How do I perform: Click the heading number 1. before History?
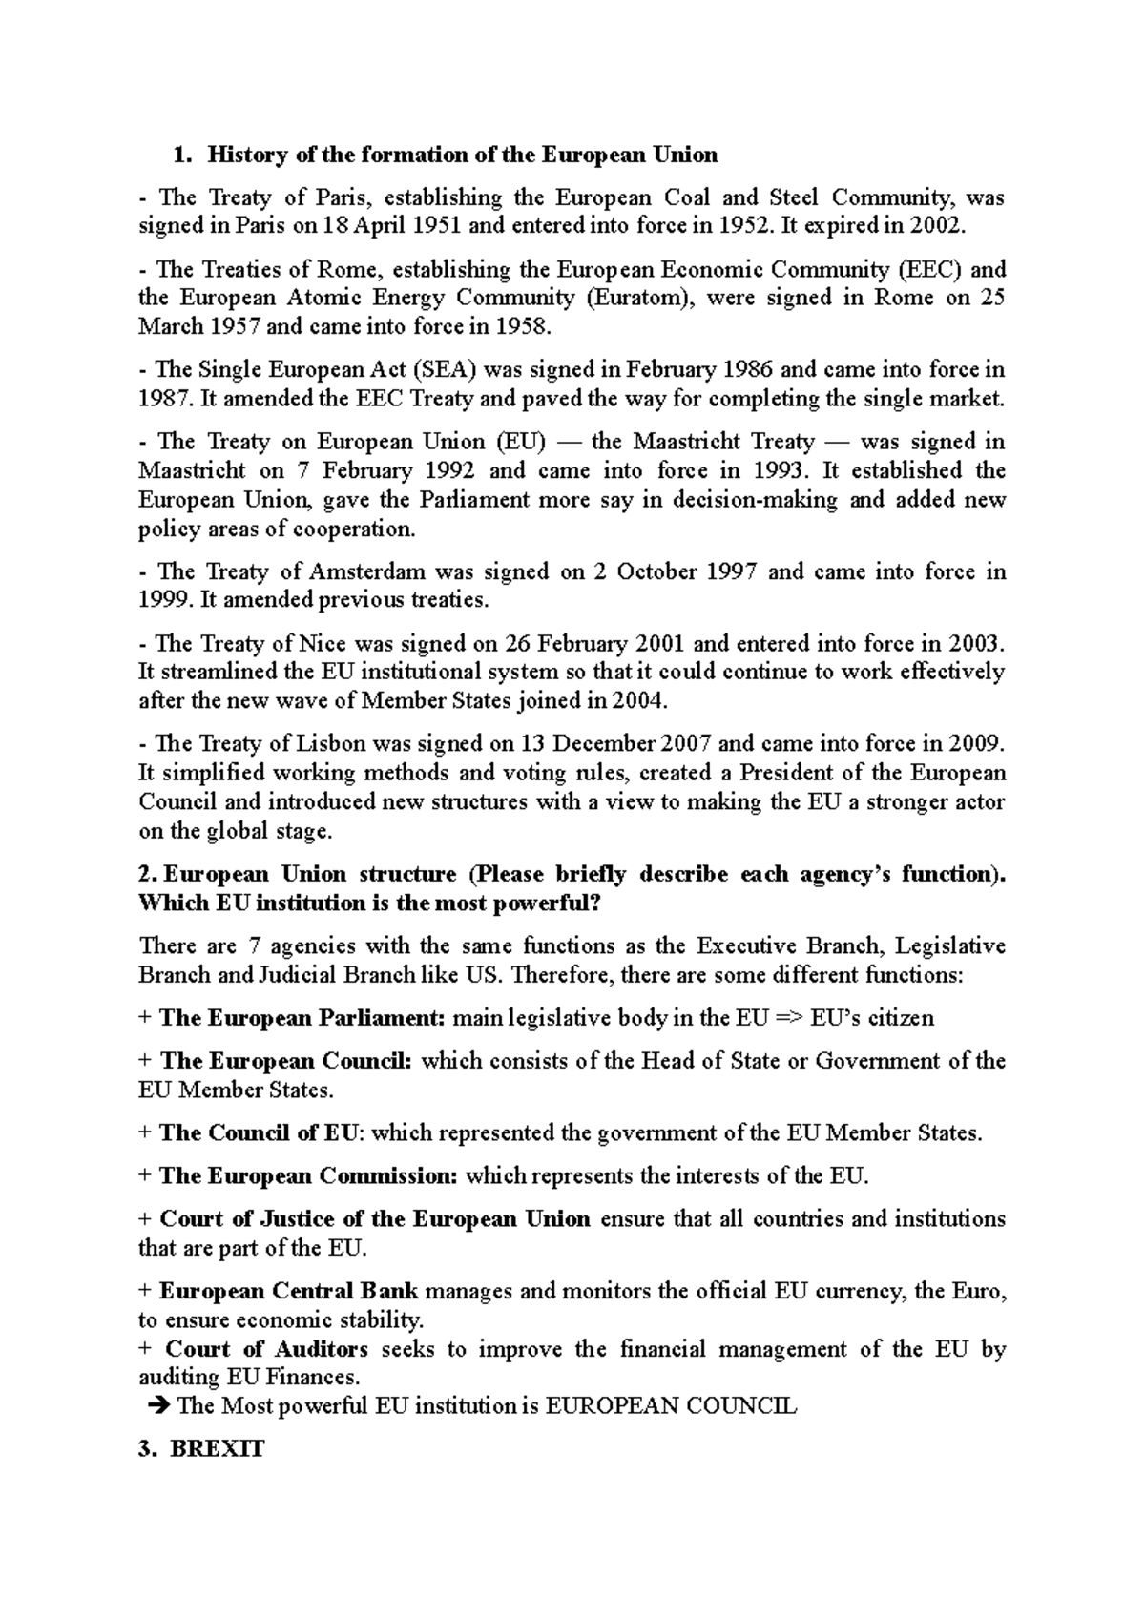181,155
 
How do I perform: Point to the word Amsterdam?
366,571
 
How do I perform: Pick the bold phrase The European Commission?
308,1176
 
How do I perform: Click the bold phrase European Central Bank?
288,1292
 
